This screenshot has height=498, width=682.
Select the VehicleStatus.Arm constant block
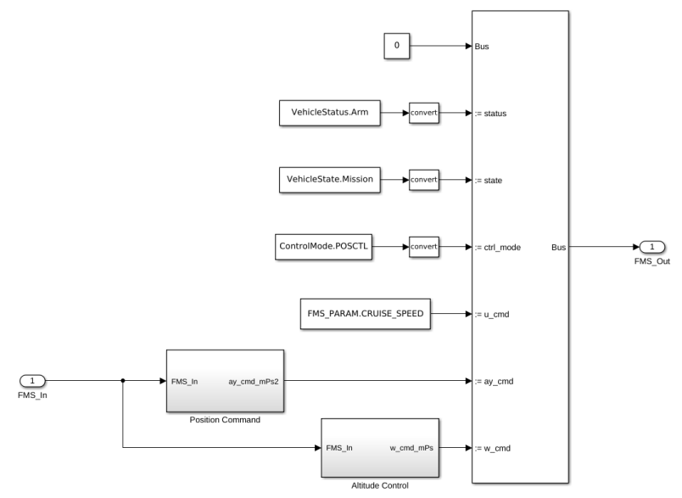(330, 112)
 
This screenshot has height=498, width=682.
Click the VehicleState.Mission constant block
(330, 179)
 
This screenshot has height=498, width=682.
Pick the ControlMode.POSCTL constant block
(326, 247)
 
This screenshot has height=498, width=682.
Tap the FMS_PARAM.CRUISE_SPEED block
(364, 314)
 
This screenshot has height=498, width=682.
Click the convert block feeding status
(424, 112)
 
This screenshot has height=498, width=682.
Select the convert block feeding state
(424, 179)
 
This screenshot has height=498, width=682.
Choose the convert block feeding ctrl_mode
(424, 247)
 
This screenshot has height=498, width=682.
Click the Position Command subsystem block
(225, 381)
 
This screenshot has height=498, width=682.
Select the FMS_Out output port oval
(651, 247)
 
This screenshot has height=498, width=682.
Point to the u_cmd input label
(489, 314)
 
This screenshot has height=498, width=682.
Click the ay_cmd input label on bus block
(491, 381)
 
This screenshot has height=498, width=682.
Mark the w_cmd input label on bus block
(490, 448)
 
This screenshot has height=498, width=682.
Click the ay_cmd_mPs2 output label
(254, 381)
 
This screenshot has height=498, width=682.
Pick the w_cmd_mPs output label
(411, 448)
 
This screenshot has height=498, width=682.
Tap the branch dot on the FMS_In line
(124, 381)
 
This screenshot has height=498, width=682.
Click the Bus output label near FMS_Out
(559, 247)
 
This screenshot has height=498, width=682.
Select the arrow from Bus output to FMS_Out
(602, 247)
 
